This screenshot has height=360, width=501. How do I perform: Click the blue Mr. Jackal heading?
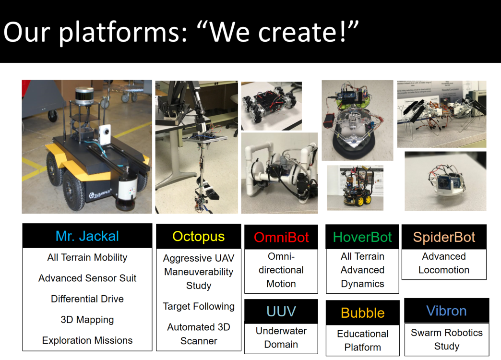(x=87, y=236)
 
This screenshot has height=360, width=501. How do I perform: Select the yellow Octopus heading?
(x=198, y=237)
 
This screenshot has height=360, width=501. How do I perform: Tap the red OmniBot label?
(x=281, y=237)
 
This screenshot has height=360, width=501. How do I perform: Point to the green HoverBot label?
(x=362, y=237)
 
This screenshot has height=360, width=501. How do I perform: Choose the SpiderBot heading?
(x=444, y=237)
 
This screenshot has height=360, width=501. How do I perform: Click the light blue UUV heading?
(x=281, y=312)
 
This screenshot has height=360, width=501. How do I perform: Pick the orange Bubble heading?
(x=363, y=313)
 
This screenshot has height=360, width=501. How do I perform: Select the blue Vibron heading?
(x=446, y=311)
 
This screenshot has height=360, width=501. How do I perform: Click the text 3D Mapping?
(x=87, y=320)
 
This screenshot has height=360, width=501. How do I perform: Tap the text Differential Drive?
(x=87, y=299)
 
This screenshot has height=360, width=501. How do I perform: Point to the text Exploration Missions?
(x=87, y=340)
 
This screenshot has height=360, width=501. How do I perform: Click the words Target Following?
(x=199, y=306)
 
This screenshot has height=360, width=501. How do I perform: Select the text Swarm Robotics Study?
(x=447, y=339)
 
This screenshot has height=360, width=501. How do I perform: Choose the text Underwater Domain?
(x=281, y=337)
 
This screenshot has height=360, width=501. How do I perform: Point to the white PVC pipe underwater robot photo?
(x=279, y=173)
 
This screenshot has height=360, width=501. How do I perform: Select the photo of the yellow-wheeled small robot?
(x=355, y=188)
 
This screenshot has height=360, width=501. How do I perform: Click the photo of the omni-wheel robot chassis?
(x=271, y=106)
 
